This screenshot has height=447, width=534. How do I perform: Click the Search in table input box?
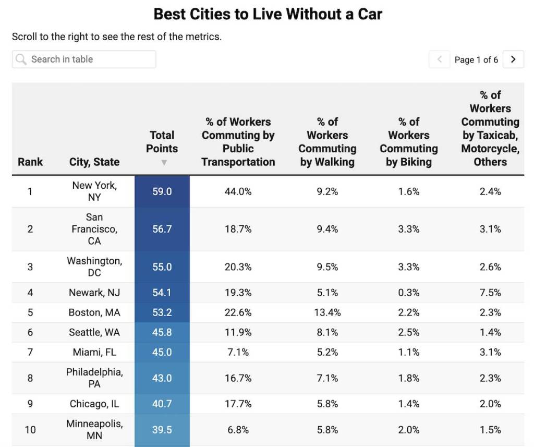[84, 59]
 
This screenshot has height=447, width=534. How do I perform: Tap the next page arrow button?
[513, 59]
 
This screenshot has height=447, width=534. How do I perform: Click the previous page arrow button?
[439, 59]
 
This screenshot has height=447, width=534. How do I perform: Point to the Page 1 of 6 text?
[476, 60]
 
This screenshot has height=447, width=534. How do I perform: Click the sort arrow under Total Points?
[164, 163]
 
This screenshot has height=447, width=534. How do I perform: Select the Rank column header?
[30, 162]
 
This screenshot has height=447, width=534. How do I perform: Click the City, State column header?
[94, 162]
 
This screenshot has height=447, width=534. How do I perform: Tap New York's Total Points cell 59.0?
[162, 191]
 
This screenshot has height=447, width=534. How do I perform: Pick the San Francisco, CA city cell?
[94, 229]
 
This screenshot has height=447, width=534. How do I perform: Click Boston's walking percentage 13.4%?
[327, 312]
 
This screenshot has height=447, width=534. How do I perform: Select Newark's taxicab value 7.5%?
[490, 293]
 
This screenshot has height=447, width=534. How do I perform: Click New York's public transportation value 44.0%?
[238, 191]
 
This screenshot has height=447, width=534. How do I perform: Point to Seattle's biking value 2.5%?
[409, 332]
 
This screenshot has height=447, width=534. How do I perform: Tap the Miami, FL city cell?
[94, 352]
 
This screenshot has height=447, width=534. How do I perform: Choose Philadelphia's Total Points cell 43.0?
[162, 378]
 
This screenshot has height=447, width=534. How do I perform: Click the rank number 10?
[30, 430]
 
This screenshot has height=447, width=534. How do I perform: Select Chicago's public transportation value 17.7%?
[238, 404]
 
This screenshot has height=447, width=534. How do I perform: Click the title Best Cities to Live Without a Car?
[268, 14]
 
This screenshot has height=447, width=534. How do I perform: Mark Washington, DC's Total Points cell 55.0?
[162, 267]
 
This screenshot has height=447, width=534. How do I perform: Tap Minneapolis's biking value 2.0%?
[409, 430]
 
